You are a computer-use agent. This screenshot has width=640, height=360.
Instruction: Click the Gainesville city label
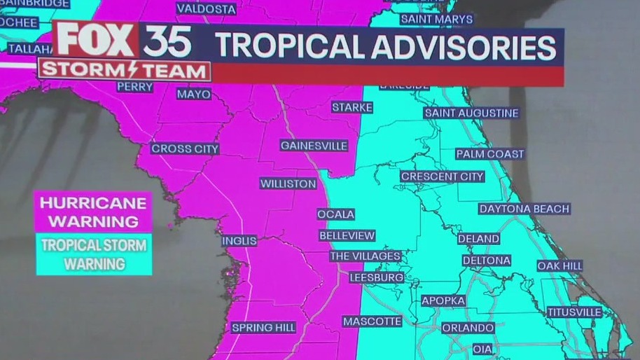coord(314,146)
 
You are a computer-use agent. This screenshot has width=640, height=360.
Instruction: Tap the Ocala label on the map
coord(335,214)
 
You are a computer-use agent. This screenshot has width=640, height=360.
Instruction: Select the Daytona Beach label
coord(524,209)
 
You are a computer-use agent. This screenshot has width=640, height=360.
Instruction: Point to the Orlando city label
coord(468,328)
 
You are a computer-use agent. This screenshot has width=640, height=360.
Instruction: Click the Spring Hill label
coord(263,328)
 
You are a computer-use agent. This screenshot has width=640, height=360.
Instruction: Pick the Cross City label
coord(185,148)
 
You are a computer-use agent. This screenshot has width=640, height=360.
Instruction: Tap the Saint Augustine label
coord(471,113)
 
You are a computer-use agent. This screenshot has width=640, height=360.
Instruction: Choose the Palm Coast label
coord(489,154)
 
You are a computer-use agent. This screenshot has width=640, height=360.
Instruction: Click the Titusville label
coord(574,312)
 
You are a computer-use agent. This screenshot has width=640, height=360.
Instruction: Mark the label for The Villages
coord(365,256)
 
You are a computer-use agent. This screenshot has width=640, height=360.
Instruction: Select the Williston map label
coord(288,184)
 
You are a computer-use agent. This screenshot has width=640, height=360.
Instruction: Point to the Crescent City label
coord(442,176)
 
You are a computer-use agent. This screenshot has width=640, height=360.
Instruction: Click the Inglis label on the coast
coord(239,241)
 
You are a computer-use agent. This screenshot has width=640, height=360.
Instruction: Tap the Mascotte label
coord(372,321)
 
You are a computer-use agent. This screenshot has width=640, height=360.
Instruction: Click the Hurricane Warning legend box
coord(94,212)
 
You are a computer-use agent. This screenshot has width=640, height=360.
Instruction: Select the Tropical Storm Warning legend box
coord(94,254)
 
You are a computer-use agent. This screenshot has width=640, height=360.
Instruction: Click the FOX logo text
coord(97,41)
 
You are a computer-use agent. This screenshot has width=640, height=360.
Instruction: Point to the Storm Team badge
coord(125,71)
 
